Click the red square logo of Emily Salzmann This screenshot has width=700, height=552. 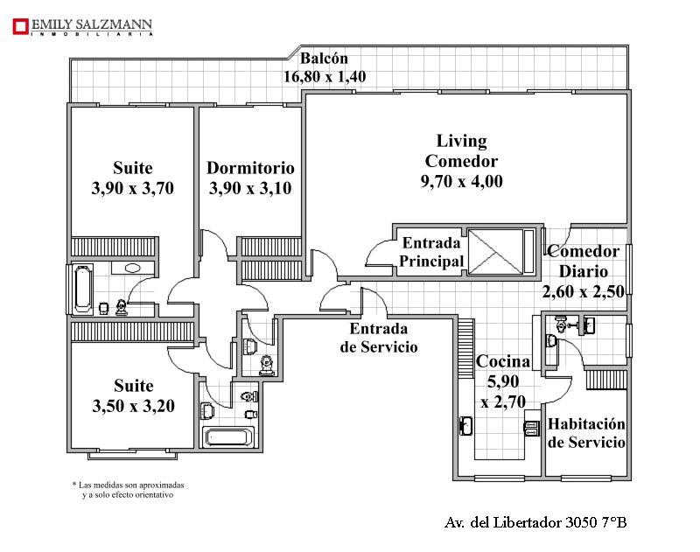click(20, 26)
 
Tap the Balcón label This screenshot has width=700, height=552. click(324, 58)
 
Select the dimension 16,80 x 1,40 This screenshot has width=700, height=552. click(325, 77)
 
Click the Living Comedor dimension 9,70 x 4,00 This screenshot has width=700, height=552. click(462, 181)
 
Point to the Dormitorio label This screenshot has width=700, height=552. click(250, 168)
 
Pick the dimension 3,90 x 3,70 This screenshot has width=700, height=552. click(133, 188)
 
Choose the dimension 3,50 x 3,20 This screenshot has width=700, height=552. click(134, 406)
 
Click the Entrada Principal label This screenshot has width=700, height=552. click(431, 252)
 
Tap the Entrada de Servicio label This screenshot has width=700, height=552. click(379, 338)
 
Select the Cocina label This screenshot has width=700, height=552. click(503, 361)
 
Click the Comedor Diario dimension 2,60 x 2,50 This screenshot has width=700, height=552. click(584, 291)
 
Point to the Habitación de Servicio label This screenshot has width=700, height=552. click(586, 432)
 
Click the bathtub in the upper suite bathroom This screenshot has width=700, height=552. click(83, 289)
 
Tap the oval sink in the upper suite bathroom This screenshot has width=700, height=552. click(133, 269)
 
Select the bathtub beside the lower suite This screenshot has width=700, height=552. click(228, 437)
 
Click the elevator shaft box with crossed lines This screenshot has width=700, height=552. click(495, 251)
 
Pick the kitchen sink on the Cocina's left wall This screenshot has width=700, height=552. click(465, 425)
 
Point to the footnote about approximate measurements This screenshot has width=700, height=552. click(128, 490)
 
